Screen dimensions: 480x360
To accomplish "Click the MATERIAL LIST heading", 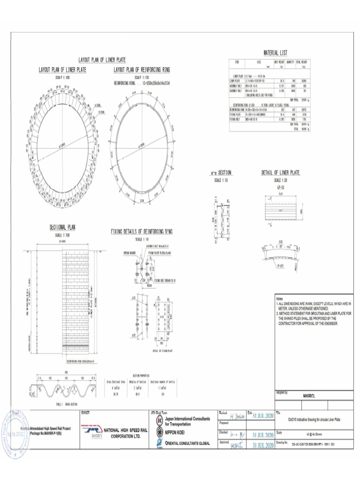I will [x=275, y=52].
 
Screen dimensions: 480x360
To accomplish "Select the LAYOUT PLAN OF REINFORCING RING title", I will [x=142, y=70].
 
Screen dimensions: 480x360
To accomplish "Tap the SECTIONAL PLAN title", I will [x=62, y=227].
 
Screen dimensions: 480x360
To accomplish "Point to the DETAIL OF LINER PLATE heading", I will [x=280, y=172].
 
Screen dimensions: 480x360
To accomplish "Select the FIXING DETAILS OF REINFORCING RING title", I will [x=142, y=232].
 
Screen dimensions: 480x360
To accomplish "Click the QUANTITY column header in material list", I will [x=290, y=62].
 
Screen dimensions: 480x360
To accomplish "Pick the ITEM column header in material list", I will [x=237, y=62].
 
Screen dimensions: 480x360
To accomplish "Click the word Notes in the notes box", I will [x=280, y=299].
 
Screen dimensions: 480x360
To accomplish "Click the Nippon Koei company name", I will [x=179, y=434].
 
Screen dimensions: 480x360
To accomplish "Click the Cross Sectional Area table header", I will [x=115, y=381].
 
